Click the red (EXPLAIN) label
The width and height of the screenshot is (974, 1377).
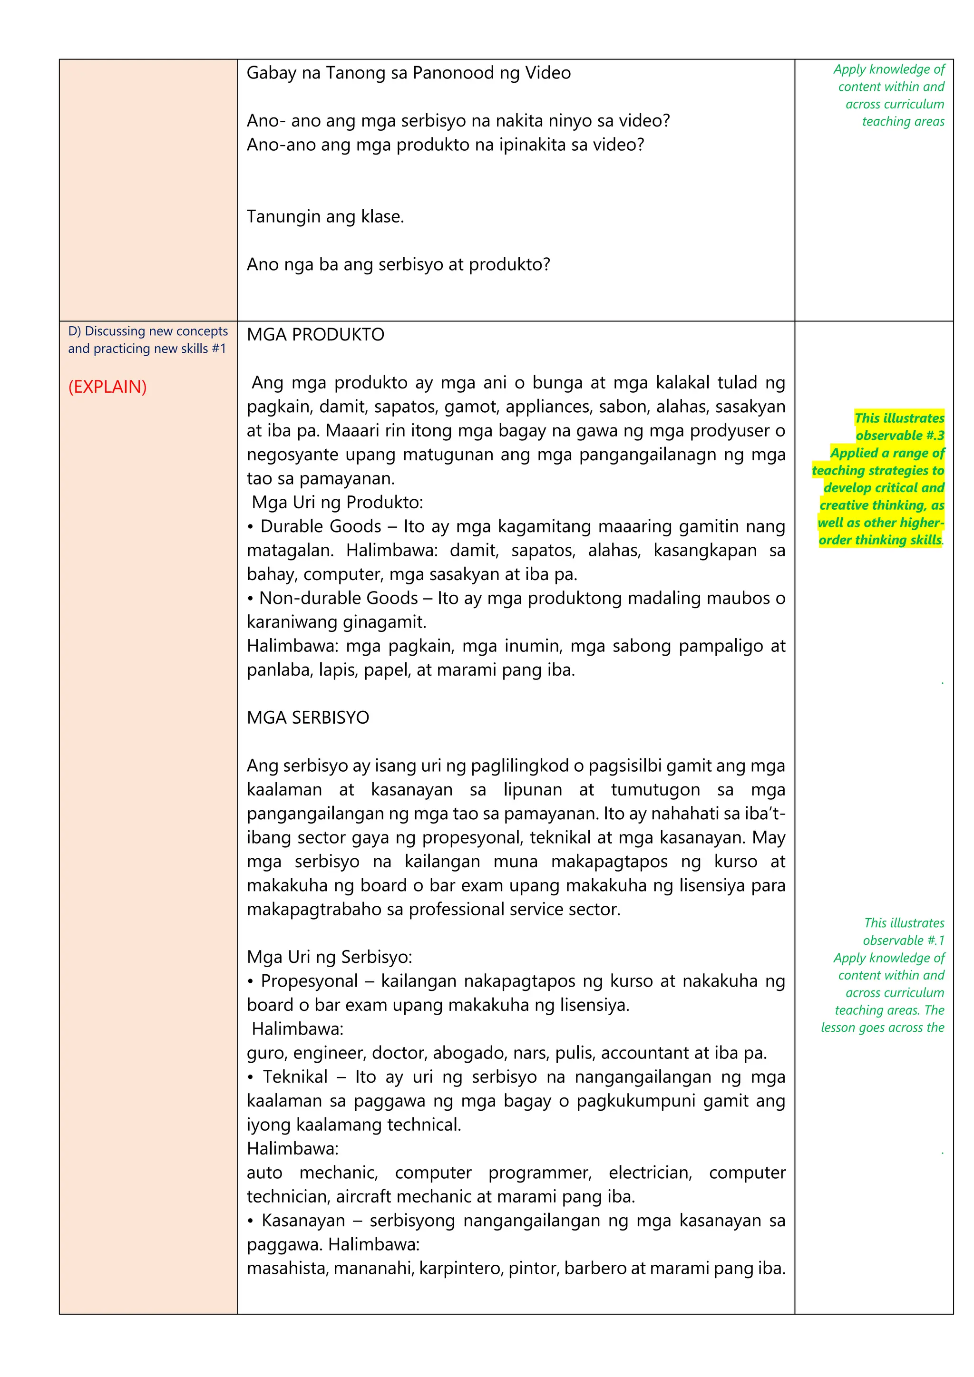107,387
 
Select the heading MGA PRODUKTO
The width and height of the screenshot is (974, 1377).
315,335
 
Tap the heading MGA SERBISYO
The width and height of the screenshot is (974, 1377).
308,718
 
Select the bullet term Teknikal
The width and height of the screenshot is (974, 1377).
294,1076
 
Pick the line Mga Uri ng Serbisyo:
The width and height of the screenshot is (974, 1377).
329,957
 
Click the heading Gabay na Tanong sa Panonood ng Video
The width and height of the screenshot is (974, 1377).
409,73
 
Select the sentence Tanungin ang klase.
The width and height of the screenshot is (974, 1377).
325,216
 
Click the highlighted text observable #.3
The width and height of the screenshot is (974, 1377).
900,436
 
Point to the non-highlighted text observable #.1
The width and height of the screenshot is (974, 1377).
903,941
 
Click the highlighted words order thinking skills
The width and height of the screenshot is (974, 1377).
880,540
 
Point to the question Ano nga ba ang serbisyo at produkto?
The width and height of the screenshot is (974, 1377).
398,264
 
